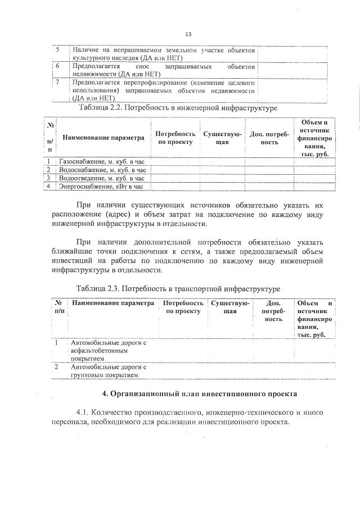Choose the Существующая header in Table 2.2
[222, 138]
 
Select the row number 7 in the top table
[57, 82]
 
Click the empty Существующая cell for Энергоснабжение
[222, 186]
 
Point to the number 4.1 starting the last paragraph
[84, 413]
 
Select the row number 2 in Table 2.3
[57, 366]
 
